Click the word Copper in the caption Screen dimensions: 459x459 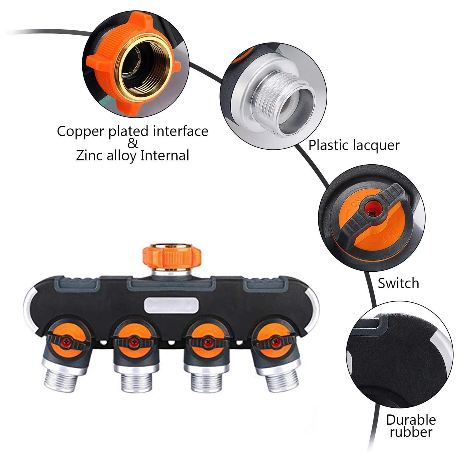click(80, 132)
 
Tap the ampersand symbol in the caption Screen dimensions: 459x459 click(133, 143)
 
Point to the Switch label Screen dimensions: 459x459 click(398, 283)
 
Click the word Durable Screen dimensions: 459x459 click(411, 420)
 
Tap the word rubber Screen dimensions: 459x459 click(411, 432)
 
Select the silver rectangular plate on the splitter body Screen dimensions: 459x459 click(171, 305)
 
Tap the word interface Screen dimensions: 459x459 click(180, 132)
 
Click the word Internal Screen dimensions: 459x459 click(164, 156)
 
